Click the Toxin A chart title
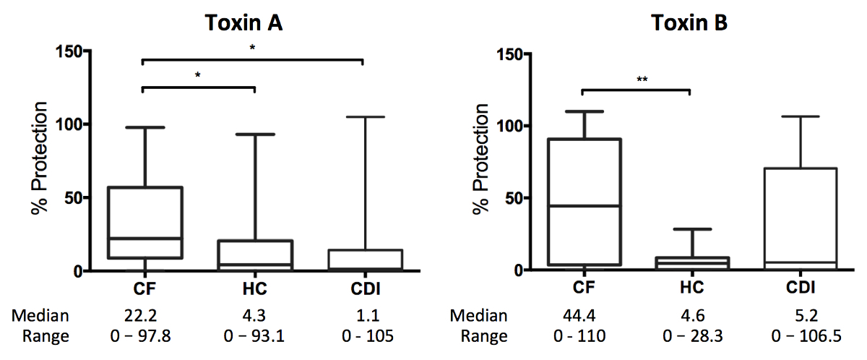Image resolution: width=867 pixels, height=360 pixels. pos(242,22)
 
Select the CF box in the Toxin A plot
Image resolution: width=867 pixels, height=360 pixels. pos(144,222)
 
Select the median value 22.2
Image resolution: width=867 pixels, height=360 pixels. pos(144,316)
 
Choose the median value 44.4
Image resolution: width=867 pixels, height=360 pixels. pos(581,316)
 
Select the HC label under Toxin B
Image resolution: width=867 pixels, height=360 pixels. pos(690,288)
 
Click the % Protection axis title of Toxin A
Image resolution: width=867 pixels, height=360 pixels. pos(40,160)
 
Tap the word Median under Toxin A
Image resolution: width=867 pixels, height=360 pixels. pos(41,316)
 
